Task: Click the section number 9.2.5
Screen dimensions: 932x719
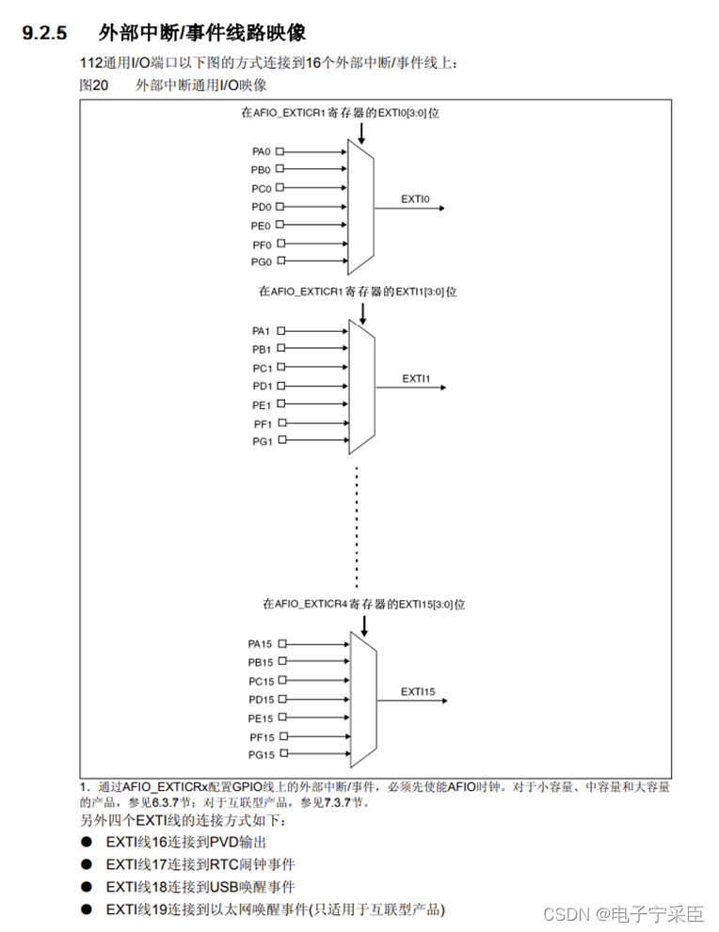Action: [45, 34]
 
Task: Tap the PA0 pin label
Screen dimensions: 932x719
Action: [261, 151]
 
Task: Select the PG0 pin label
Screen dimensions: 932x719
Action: [261, 261]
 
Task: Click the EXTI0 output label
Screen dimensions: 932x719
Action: [415, 198]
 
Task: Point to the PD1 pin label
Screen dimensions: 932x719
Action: [261, 386]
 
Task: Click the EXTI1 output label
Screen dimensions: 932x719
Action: [416, 378]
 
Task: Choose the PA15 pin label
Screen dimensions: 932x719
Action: [260, 644]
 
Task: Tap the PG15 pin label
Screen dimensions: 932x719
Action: [260, 754]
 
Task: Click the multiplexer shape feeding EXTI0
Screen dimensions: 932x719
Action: [360, 206]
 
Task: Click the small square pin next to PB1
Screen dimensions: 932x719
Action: [280, 349]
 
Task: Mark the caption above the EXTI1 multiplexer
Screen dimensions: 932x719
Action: [358, 292]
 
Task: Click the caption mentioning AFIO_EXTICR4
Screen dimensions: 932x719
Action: [363, 604]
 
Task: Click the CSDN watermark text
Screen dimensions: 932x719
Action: [567, 914]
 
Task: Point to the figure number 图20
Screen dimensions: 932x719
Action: [96, 86]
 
